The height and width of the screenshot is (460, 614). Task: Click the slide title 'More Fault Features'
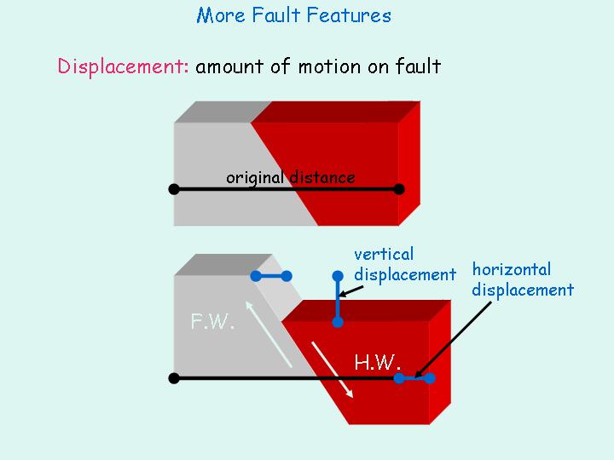[x=293, y=15]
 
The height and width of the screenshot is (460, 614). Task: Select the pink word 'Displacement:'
[x=123, y=66]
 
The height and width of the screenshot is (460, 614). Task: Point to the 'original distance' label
[x=290, y=177]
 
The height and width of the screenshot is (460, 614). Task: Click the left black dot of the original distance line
[x=174, y=189]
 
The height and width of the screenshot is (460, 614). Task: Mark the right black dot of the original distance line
[x=399, y=189]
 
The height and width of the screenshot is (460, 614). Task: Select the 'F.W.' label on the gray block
[x=212, y=323]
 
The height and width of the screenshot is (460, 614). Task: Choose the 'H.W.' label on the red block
[x=377, y=362]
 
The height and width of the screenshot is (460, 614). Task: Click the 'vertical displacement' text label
[x=404, y=264]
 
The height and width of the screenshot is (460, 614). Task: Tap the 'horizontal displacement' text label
[x=522, y=279]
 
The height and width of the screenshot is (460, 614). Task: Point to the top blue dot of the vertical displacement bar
[x=338, y=276]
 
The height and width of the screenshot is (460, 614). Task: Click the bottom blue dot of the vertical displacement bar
[x=338, y=322]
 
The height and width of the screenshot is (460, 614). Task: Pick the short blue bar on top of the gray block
[x=271, y=276]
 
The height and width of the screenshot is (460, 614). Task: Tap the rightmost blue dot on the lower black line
[x=430, y=378]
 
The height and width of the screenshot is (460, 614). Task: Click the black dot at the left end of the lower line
[x=174, y=378]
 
